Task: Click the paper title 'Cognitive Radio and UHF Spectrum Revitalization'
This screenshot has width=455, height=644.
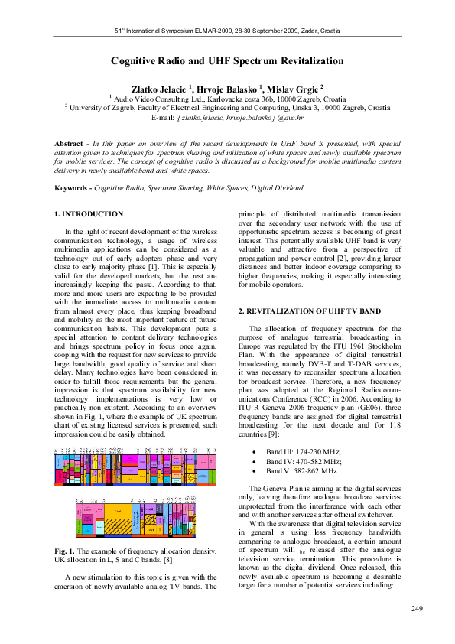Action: point(227,61)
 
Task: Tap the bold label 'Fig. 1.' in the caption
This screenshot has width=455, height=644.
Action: point(67,551)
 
